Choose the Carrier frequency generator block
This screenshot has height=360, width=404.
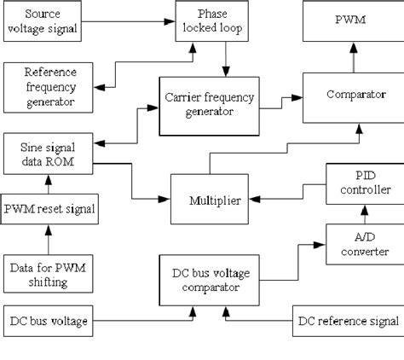tap(208, 104)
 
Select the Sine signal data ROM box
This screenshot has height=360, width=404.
tap(49, 154)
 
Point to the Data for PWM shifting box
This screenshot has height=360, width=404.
tap(49, 274)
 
